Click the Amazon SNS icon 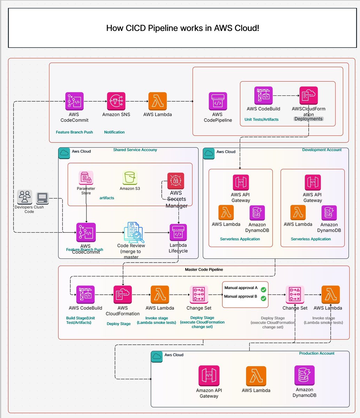click(x=116, y=101)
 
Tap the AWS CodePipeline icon click(x=217, y=101)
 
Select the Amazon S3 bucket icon click(x=130, y=178)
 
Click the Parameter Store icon click(x=86, y=178)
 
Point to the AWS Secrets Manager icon click(x=176, y=181)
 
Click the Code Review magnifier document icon click(x=134, y=232)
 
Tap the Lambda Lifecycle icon click(x=178, y=232)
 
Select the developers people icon click(x=25, y=197)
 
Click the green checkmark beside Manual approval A click(x=263, y=289)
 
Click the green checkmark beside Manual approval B click(x=263, y=298)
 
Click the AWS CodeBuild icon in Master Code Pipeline click(x=85, y=295)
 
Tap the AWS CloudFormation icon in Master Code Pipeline click(x=123, y=295)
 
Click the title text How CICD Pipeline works click(x=182, y=28)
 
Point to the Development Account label click(x=322, y=150)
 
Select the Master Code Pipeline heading click(x=204, y=270)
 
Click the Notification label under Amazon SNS click(x=114, y=132)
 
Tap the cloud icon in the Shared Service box click(x=64, y=153)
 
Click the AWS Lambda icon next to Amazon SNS click(x=158, y=101)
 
